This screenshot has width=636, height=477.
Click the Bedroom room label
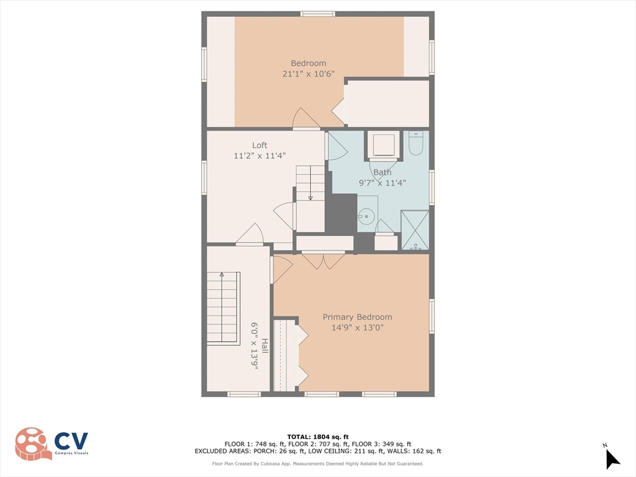click(x=308, y=63)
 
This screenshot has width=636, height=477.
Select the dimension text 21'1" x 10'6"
click(x=308, y=73)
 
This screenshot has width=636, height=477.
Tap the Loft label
click(x=260, y=145)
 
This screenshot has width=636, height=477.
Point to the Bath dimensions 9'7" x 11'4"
click(x=382, y=183)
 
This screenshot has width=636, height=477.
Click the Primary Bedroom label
click(x=357, y=317)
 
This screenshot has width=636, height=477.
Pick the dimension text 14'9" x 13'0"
click(x=357, y=327)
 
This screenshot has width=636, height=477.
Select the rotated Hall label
click(x=265, y=346)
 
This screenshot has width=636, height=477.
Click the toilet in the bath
click(x=416, y=143)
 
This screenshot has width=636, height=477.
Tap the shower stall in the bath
click(x=415, y=230)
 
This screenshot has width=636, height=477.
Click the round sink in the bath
click(x=366, y=217)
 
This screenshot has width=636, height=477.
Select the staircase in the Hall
click(x=223, y=307)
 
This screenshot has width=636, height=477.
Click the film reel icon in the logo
click(x=33, y=443)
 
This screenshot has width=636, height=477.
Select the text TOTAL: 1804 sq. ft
click(x=317, y=437)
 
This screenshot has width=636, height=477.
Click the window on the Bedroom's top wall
click(x=317, y=14)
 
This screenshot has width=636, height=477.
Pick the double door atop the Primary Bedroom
click(x=323, y=260)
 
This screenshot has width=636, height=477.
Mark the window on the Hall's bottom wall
click(x=243, y=394)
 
